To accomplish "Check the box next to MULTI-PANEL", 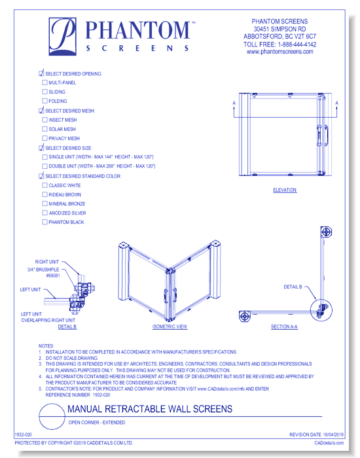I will pos(45,83).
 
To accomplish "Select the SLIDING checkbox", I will pos(45,92).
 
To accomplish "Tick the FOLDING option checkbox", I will pos(45,101).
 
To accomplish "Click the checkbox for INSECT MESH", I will pos(45,120).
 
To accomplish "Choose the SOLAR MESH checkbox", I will pos(45,130).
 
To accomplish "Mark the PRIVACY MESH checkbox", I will pos(45,139).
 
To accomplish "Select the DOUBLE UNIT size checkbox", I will pos(45,167).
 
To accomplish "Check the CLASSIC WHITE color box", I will pos(45,186).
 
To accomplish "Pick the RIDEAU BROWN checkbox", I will pos(45,195).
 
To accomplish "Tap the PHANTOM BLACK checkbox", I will pos(45,222).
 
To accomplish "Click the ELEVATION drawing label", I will pos(285,190).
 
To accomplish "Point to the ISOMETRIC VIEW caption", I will pos(170,326).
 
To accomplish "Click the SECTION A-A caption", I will pos(284,326).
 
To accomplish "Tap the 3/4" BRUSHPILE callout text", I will pos(46,268).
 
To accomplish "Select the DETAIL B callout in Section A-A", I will pos(293,287).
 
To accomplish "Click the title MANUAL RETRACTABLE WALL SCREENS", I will pos(150,409).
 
